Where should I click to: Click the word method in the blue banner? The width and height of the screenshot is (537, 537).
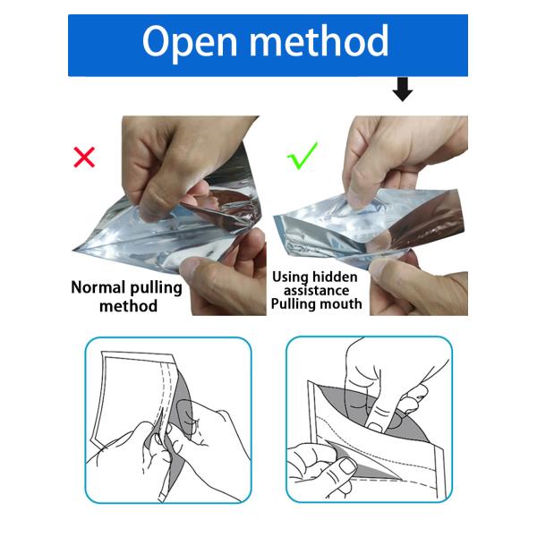coord(320,40)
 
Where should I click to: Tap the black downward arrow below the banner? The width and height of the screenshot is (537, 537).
coord(403,89)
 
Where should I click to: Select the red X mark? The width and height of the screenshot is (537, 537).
coord(84,158)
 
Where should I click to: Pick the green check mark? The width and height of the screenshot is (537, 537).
coord(303,156)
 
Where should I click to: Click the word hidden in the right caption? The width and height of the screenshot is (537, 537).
coord(335,277)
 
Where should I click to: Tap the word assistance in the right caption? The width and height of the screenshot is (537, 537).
coord(317,291)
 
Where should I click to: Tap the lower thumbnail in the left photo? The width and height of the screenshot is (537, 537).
coord(191,266)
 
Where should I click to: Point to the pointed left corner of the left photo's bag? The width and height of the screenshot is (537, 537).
coord(73,251)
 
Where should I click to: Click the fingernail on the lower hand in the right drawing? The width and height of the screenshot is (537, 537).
coord(348,466)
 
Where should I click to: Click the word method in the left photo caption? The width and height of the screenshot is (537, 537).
coord(128,306)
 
